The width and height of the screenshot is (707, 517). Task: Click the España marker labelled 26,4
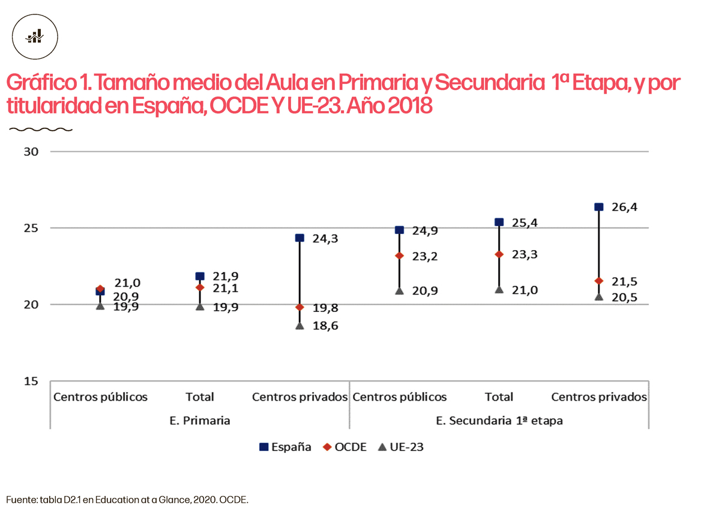(x=598, y=207)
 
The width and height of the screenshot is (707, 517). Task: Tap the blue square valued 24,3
(x=299, y=238)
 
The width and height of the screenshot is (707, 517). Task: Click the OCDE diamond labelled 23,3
(x=499, y=254)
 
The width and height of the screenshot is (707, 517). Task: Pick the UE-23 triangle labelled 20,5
(x=598, y=297)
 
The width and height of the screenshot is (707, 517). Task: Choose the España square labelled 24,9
(x=399, y=230)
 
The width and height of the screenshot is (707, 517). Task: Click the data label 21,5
(x=624, y=282)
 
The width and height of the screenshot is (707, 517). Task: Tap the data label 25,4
(x=525, y=223)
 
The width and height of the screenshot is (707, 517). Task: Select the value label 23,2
(x=425, y=256)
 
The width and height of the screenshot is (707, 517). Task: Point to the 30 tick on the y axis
(x=31, y=152)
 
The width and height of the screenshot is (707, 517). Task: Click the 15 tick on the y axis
(x=31, y=381)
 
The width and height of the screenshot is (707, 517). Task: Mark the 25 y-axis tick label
(x=31, y=229)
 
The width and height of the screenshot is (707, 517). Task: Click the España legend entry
(x=285, y=447)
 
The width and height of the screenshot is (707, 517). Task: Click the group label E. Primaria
(x=200, y=420)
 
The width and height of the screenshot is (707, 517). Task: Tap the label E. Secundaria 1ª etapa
(x=499, y=420)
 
